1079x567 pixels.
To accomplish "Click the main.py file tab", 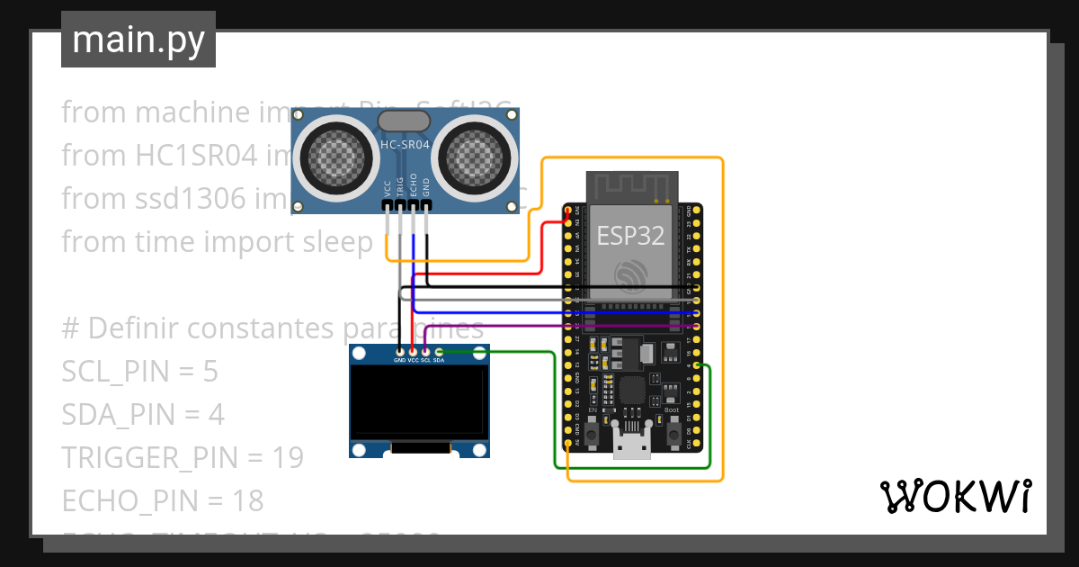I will pyautogui.click(x=138, y=40).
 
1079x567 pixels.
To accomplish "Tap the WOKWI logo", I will pyautogui.click(x=954, y=496).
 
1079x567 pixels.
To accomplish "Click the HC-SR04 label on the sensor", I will pyautogui.click(x=405, y=144).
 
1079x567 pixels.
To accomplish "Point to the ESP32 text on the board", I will pyautogui.click(x=631, y=236).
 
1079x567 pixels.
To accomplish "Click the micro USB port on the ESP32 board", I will pyautogui.click(x=631, y=445).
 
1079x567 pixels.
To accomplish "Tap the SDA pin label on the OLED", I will pyautogui.click(x=439, y=360).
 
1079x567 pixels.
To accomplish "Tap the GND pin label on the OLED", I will pyautogui.click(x=399, y=360).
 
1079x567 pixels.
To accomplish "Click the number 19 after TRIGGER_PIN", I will pyautogui.click(x=288, y=458).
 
